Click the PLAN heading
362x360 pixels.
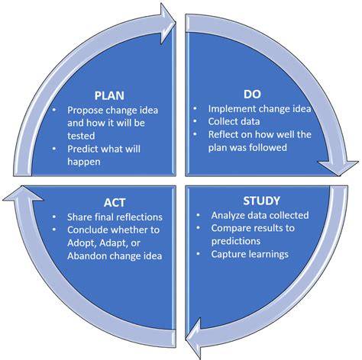[x=109, y=95]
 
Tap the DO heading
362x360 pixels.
[x=252, y=94]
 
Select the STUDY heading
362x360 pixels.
[x=261, y=201]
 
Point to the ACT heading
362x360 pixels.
[x=115, y=203]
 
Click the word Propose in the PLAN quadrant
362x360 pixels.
[x=85, y=111]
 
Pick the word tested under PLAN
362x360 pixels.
[x=81, y=136]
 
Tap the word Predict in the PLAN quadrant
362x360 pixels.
[x=82, y=149]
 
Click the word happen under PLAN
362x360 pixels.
[x=84, y=162]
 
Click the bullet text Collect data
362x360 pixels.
[x=234, y=121]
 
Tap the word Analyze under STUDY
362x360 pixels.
[x=228, y=215]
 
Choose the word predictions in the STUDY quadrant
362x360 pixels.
[x=236, y=241]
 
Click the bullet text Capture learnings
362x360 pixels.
[x=250, y=254]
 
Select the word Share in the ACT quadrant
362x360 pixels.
[x=79, y=217]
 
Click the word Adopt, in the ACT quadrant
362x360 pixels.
[x=82, y=243]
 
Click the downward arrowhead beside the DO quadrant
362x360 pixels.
[x=338, y=168]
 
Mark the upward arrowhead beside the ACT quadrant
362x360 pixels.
[x=23, y=193]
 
